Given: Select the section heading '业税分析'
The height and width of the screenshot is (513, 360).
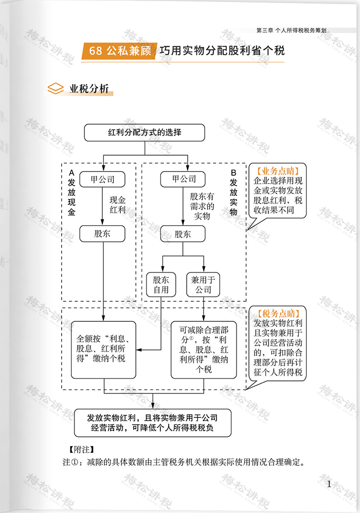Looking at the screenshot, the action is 89,88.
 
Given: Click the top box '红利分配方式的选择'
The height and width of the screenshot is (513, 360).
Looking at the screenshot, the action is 145,132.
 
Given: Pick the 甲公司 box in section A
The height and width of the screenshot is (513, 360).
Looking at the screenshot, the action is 103,179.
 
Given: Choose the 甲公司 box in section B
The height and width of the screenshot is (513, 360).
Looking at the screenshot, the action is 184,179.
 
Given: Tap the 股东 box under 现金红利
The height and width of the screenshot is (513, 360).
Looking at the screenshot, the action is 103,234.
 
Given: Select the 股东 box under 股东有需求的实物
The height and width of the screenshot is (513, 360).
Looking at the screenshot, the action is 183,234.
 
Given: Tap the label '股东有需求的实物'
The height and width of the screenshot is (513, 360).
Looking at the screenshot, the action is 202,206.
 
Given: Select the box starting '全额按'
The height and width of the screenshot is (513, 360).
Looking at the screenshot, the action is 103,350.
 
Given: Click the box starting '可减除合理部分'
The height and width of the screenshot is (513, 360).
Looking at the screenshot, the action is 204,350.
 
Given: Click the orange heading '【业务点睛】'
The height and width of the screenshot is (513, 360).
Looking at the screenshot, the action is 278,171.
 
